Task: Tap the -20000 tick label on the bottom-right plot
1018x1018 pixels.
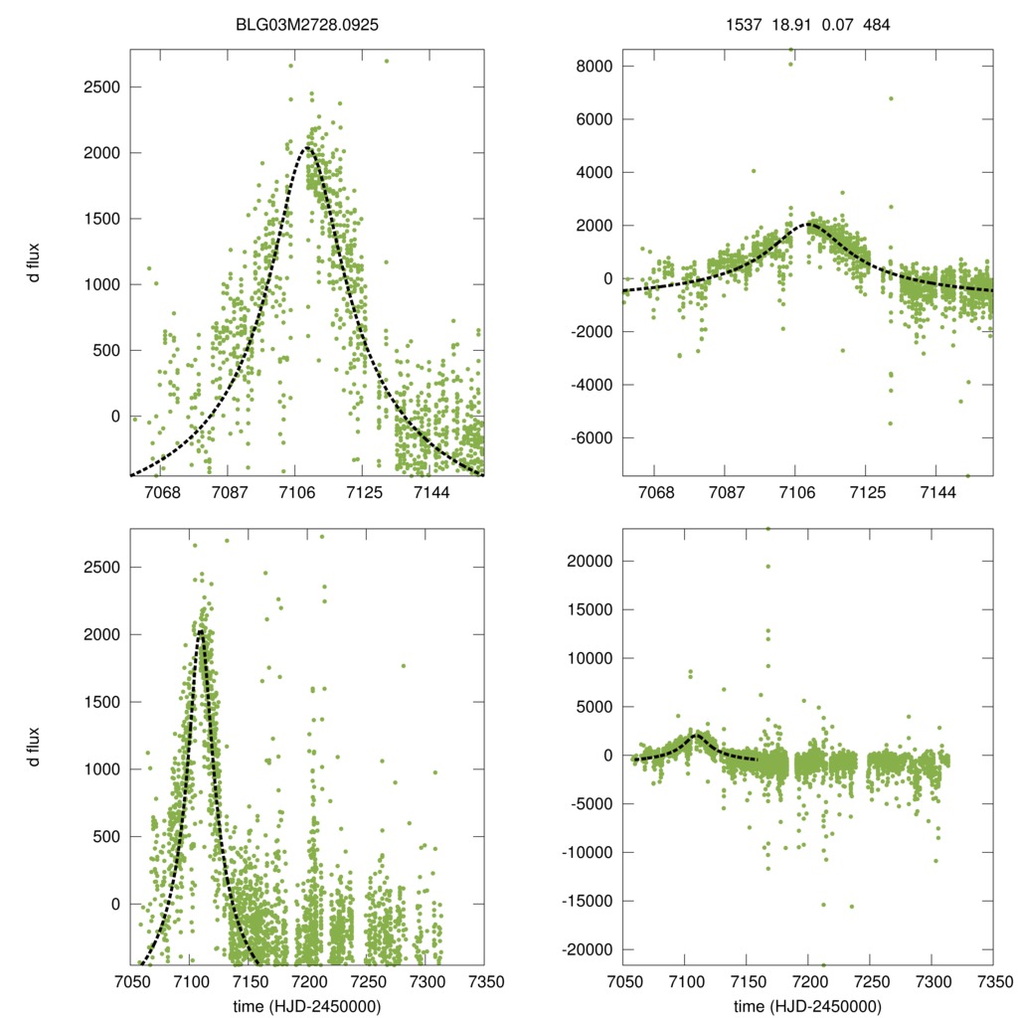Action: pos(582,949)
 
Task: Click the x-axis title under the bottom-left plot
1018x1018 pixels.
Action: pos(307,1005)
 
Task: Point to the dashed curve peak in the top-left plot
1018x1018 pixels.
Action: pos(306,148)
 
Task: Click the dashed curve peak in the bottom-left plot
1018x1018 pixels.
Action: pos(201,630)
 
